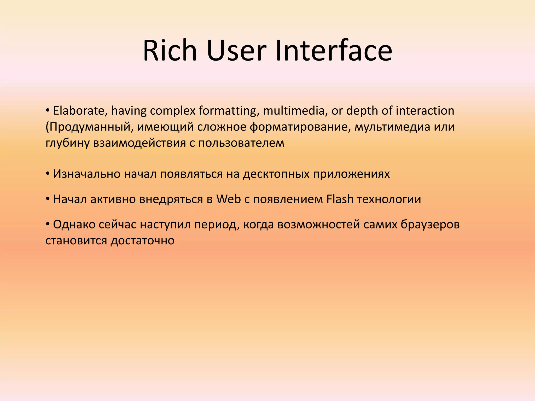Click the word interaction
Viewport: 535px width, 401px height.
[x=425, y=111]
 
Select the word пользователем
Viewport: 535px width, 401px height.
[x=241, y=143]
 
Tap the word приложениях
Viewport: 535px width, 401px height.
[x=351, y=174]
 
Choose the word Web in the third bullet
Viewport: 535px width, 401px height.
[x=228, y=199]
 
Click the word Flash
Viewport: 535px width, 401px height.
[x=340, y=199]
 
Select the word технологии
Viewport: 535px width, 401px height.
[x=389, y=199]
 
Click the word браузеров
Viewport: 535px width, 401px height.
[x=430, y=225]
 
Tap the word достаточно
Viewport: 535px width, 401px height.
[x=142, y=240]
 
